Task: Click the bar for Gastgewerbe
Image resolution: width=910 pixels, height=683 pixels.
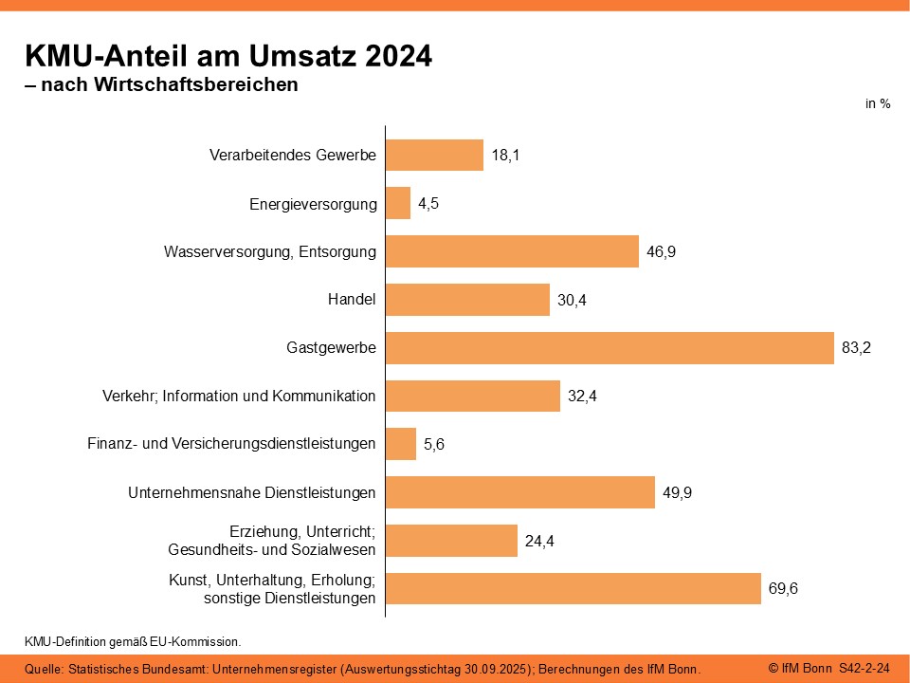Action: [x=610, y=348]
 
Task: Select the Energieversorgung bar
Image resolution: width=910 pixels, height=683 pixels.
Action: [x=398, y=203]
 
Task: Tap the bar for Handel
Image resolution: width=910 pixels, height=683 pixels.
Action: [x=467, y=300]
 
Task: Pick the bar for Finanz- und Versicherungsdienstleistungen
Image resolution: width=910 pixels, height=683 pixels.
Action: [x=401, y=444]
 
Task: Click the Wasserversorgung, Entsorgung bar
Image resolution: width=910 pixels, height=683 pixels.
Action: [x=513, y=251]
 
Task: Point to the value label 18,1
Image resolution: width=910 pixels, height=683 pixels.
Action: [x=505, y=156]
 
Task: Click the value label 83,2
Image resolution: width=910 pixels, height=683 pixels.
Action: [x=856, y=348]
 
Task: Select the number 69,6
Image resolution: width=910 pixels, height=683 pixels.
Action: [x=783, y=589]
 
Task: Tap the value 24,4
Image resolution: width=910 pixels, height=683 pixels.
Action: [x=539, y=542]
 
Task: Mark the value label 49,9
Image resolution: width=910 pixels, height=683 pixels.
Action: [x=677, y=493]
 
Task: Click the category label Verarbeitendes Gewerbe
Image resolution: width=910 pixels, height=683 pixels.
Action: [x=293, y=156]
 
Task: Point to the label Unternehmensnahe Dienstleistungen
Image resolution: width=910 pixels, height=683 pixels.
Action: [x=252, y=493]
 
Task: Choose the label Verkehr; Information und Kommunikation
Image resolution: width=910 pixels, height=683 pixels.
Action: [x=239, y=397]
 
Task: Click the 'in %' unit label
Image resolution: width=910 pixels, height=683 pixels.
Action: [x=878, y=104]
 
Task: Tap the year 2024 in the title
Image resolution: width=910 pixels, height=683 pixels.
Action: [x=398, y=56]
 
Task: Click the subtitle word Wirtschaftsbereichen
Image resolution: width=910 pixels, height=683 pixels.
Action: [x=196, y=84]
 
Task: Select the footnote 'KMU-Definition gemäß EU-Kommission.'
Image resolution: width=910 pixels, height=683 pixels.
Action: [x=133, y=642]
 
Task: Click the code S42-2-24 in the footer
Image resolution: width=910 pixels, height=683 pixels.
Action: [x=864, y=669]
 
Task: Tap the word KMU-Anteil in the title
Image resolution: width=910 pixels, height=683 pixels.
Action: [x=106, y=56]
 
